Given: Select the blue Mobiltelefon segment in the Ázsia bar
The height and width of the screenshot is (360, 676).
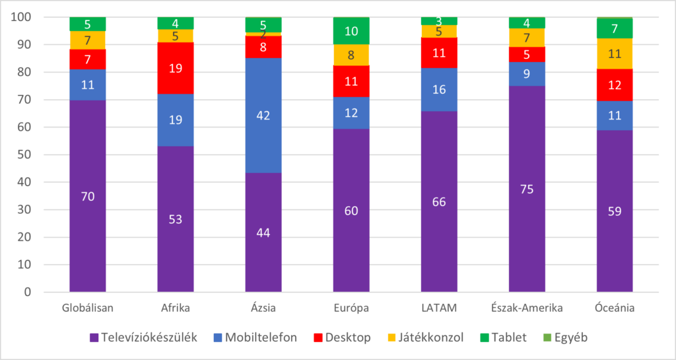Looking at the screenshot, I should click(x=263, y=116).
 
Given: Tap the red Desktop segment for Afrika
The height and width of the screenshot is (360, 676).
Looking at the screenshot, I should click(x=175, y=68).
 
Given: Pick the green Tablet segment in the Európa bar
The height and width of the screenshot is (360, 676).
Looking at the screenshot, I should click(x=351, y=31).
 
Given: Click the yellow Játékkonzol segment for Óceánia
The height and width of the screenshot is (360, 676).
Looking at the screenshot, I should click(x=615, y=54).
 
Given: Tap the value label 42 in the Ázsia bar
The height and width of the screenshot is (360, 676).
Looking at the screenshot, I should click(x=263, y=116).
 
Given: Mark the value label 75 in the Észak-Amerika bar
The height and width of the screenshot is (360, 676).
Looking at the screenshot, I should click(x=527, y=189).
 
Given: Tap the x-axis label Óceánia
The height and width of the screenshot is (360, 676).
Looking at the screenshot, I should click(x=615, y=308).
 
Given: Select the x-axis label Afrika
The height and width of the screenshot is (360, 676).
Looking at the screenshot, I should click(x=175, y=308).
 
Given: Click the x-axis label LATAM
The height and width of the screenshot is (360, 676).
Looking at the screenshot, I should click(x=438, y=308).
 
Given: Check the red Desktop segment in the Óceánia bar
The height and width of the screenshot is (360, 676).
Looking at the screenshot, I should click(x=615, y=85).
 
